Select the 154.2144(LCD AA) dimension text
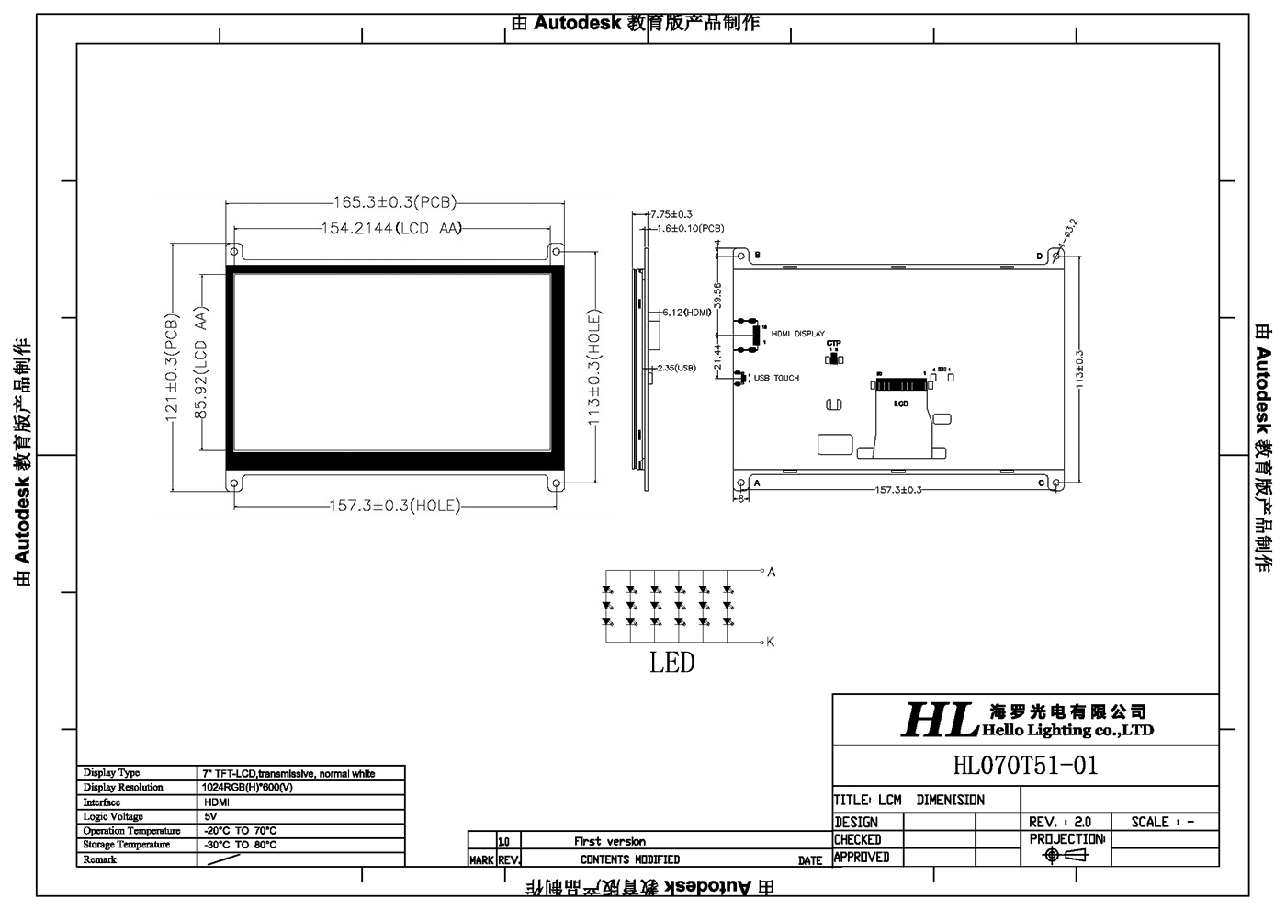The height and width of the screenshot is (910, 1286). point(391,229)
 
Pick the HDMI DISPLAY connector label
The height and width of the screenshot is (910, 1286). point(797,334)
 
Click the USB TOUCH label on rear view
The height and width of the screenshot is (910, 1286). point(776,378)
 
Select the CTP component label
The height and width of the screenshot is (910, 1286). point(833,344)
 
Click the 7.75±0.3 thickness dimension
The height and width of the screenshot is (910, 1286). point(671,214)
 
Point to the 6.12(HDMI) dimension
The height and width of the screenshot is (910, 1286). point(687,313)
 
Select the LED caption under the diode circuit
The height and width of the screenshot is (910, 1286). point(672,663)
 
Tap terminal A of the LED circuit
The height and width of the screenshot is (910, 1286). point(771,572)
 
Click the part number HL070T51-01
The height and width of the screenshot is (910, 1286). point(1025,766)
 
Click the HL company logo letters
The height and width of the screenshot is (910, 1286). point(937,720)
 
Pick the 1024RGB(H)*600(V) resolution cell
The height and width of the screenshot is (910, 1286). point(247,788)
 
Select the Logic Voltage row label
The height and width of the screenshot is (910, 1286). point(113,816)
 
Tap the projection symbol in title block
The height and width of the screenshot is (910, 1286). point(1066,856)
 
